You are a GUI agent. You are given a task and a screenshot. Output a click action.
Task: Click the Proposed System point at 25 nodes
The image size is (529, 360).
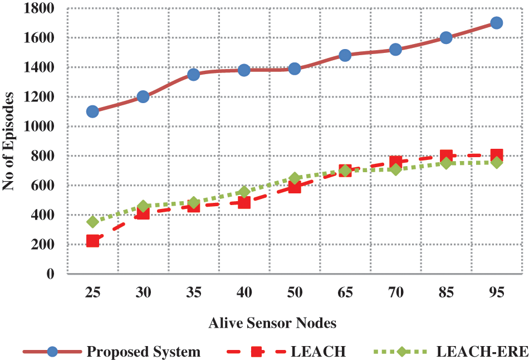pos(92,111)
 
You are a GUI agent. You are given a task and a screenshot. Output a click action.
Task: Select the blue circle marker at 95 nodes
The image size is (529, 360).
pos(497,23)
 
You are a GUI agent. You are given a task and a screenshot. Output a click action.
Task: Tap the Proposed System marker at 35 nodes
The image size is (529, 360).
pos(193,75)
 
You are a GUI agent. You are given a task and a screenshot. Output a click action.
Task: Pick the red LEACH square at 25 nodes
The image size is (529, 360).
pos(92,241)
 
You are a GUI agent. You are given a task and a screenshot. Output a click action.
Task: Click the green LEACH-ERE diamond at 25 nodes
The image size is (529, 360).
pos(92,222)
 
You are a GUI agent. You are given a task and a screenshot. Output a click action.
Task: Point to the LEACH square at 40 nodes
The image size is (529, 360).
pos(244,202)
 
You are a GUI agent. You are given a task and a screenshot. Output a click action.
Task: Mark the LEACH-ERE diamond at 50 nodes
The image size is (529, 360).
pos(295,178)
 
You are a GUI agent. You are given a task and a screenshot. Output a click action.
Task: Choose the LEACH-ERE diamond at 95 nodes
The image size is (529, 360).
pos(497,163)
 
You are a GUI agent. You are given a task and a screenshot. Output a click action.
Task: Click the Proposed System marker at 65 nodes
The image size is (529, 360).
pos(345,55)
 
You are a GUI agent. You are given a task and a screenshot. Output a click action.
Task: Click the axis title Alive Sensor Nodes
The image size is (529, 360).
pos(272,323)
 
